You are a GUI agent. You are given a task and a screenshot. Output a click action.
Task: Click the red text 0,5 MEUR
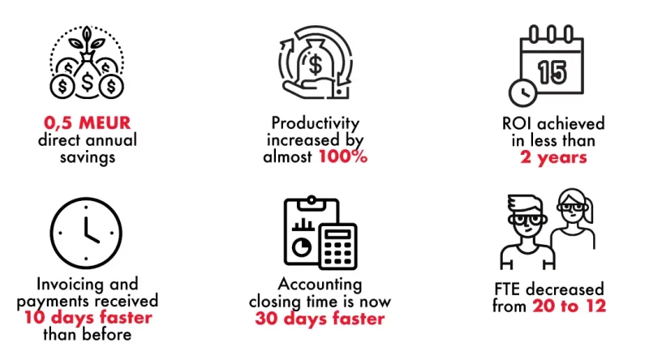88,123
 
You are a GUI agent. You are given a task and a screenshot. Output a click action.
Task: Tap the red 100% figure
342,156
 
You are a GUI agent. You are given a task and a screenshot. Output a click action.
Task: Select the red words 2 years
553,157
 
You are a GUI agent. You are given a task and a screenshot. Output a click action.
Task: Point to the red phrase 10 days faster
88,318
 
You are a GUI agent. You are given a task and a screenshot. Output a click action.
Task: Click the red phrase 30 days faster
320,319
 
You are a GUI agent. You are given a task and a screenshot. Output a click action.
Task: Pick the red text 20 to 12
569,306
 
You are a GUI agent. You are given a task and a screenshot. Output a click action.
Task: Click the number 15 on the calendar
552,72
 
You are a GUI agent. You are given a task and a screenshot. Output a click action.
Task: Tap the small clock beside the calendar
522,92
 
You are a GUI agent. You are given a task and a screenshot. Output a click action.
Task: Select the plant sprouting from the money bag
87,41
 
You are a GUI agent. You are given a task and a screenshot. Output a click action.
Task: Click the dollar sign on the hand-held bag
316,65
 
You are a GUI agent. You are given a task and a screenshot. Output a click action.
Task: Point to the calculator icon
337,246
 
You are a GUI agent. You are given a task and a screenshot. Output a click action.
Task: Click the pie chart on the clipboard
301,247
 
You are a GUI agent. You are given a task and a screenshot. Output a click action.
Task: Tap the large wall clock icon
86,233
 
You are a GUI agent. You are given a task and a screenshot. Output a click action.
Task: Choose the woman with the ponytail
574,219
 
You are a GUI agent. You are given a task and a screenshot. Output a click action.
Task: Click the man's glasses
527,219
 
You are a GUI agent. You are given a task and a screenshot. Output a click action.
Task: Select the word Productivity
315,123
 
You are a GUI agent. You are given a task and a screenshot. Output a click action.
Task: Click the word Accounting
320,285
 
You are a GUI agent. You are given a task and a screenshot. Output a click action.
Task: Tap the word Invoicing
64,285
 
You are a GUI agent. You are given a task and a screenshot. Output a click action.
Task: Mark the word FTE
507,289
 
